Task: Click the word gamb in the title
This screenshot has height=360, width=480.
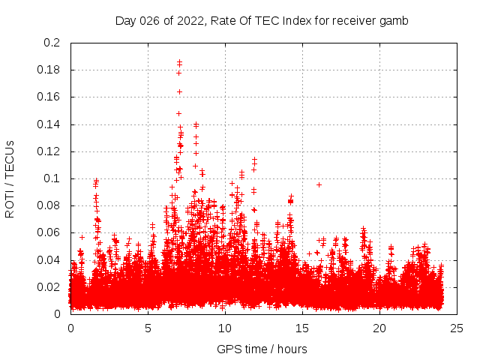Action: coord(394,20)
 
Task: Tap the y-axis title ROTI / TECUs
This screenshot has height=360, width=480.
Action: coord(10,178)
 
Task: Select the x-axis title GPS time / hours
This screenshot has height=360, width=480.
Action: coord(262,349)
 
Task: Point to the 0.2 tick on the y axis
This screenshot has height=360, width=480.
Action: coord(51,43)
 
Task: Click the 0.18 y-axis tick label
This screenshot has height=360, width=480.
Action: coord(48,70)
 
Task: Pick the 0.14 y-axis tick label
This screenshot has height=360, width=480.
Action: coord(48,124)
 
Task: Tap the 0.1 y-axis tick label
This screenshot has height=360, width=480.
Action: coord(51,178)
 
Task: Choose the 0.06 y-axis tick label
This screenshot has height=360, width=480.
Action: coord(48,232)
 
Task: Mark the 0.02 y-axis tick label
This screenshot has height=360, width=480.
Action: coord(48,286)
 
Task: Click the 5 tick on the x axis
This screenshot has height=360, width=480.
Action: coord(148,328)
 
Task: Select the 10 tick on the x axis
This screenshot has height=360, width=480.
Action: coord(225,328)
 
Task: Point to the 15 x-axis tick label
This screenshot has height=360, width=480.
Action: coord(302,328)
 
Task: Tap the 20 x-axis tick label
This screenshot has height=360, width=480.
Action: coord(379,328)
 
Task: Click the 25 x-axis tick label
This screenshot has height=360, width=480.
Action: coord(457,328)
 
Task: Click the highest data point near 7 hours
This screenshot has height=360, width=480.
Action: coord(179,62)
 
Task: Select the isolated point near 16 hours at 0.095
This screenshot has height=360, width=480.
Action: coord(319,184)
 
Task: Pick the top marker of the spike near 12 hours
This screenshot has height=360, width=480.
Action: coord(255,160)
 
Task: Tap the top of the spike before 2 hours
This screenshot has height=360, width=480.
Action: coord(96,180)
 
